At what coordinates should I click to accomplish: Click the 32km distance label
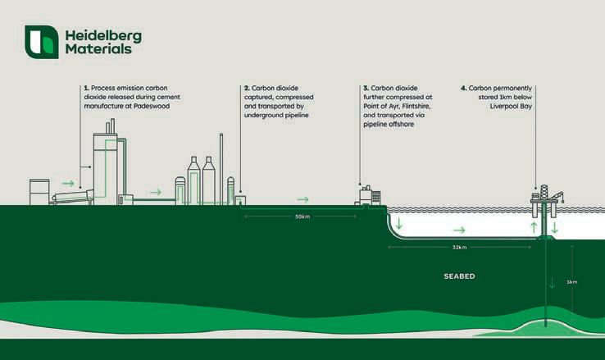tap(460, 247)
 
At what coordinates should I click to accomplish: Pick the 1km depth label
tap(572, 281)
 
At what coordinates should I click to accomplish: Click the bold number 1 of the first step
tap(84, 86)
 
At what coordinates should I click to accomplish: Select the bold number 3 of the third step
tap(366, 86)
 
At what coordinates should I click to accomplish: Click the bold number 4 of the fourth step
tap(463, 86)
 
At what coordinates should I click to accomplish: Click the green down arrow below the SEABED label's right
tap(553, 284)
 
